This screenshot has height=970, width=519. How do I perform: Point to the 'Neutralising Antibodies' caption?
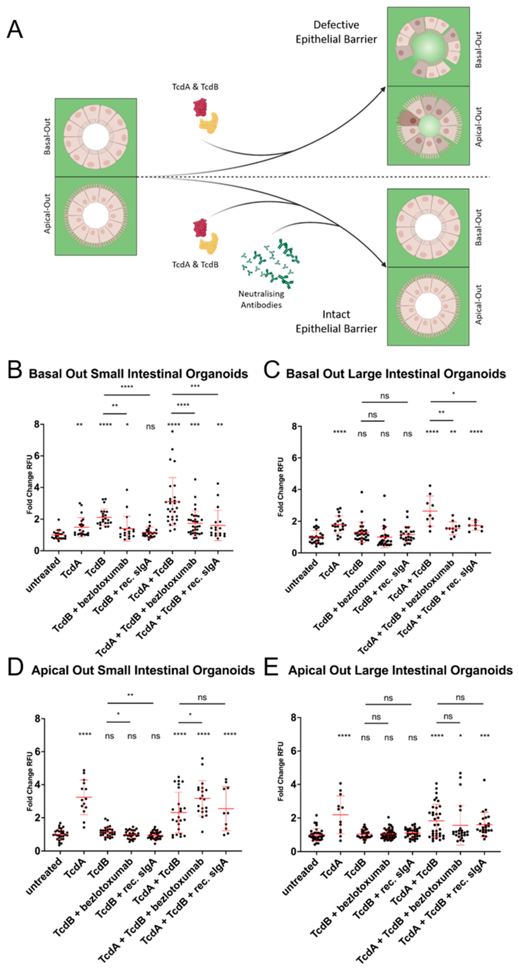pyautogui.click(x=261, y=299)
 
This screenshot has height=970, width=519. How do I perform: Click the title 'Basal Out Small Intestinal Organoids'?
pyautogui.click(x=138, y=374)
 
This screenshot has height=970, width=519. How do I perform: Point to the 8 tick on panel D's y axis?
pyautogui.click(x=38, y=719)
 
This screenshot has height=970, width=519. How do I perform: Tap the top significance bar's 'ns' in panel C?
pyautogui.click(x=384, y=396)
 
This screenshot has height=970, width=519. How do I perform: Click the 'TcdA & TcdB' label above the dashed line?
pyautogui.click(x=195, y=87)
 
